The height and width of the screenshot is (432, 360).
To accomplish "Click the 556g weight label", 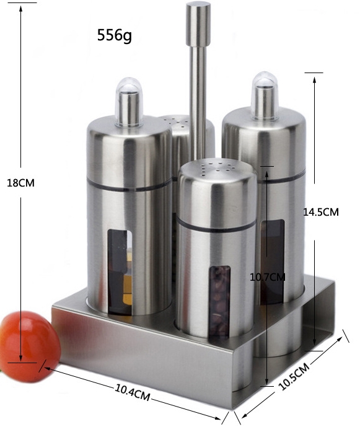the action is [x=114, y=35].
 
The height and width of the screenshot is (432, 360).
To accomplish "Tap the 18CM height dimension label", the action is [x=20, y=183].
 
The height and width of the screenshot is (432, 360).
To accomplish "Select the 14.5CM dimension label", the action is [x=321, y=212].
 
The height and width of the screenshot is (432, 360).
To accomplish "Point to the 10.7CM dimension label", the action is [x=268, y=276].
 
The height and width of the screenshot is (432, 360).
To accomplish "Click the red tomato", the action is [x=30, y=346].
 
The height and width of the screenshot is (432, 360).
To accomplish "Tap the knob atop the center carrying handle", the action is [x=198, y=24].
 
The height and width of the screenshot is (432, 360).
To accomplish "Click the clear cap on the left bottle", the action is [x=129, y=102].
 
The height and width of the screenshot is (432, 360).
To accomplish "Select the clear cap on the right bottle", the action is [x=265, y=95].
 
